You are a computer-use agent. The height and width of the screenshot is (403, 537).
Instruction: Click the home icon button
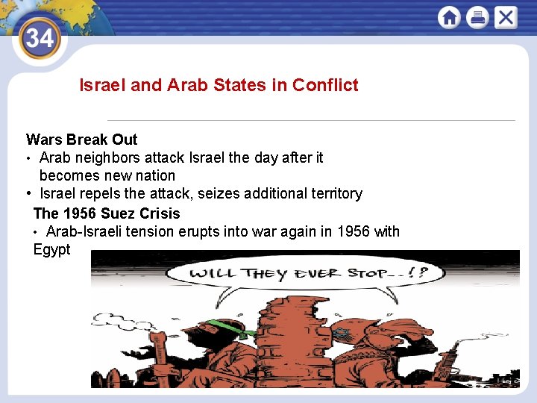tap(449, 17)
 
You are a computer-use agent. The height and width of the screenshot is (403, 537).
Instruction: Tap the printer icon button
tap(477, 17)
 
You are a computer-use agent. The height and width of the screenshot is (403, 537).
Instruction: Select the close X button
tap(506, 17)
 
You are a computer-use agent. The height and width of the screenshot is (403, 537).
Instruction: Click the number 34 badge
tap(39, 37)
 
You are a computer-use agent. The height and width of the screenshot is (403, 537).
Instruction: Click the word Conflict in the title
tap(325, 85)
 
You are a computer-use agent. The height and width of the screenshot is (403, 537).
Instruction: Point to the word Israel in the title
tap(102, 85)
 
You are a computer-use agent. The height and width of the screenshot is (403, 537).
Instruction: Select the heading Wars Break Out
tap(82, 140)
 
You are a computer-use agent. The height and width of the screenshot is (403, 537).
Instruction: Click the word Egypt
tap(52, 249)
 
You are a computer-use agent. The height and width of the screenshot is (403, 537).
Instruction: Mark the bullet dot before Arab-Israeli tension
tap(37, 232)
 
